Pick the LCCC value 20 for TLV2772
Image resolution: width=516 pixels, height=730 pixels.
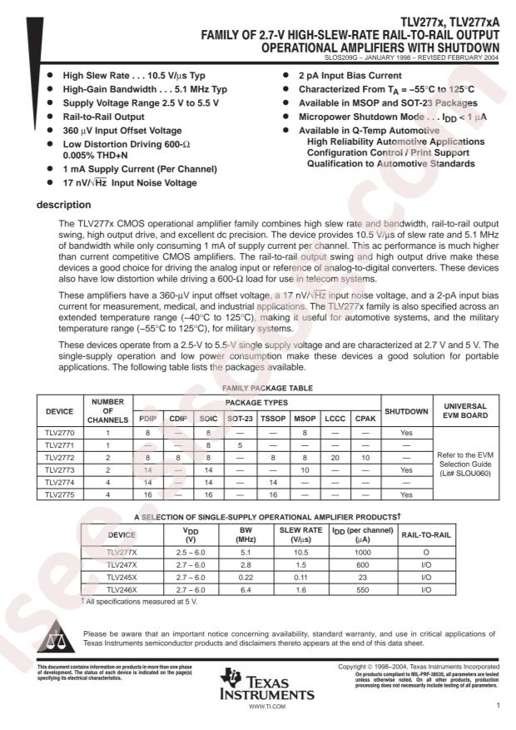click(335, 456)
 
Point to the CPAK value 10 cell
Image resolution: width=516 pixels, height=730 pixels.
click(365, 456)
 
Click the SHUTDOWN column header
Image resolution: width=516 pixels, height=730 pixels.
click(406, 410)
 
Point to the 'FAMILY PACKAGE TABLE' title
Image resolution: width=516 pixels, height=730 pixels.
click(257, 389)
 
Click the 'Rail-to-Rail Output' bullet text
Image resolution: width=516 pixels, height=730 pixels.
click(105, 117)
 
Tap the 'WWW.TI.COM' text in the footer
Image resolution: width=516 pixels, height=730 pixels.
click(266, 705)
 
